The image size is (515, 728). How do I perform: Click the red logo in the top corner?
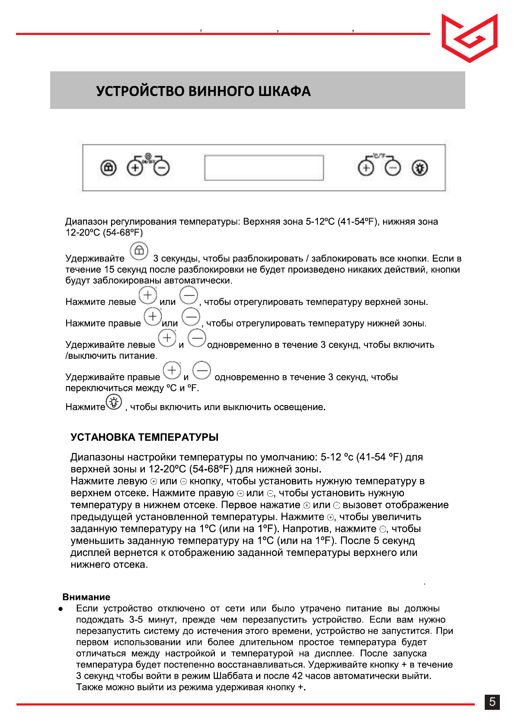click(469, 38)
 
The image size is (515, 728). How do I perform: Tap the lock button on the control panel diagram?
click(109, 167)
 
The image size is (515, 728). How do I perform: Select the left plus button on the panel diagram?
click(135, 167)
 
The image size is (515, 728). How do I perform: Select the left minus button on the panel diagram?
click(162, 167)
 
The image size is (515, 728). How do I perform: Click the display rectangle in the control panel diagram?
click(264, 167)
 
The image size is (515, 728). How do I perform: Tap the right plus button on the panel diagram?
click(366, 168)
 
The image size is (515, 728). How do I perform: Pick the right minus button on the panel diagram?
click(393, 168)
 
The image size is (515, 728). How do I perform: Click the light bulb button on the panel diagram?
click(419, 168)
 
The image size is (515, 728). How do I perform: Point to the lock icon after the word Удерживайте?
click(139, 251)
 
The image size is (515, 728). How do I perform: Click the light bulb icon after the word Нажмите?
click(114, 402)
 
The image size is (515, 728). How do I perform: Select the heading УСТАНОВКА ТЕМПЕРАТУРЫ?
click(144, 437)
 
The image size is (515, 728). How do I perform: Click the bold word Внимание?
click(86, 597)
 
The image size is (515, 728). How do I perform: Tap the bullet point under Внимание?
click(61, 609)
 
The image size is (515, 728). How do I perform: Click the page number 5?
click(492, 702)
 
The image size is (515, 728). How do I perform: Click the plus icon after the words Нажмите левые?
click(148, 295)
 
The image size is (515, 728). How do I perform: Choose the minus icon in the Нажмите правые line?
click(191, 317)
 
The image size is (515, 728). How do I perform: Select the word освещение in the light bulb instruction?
click(298, 407)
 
